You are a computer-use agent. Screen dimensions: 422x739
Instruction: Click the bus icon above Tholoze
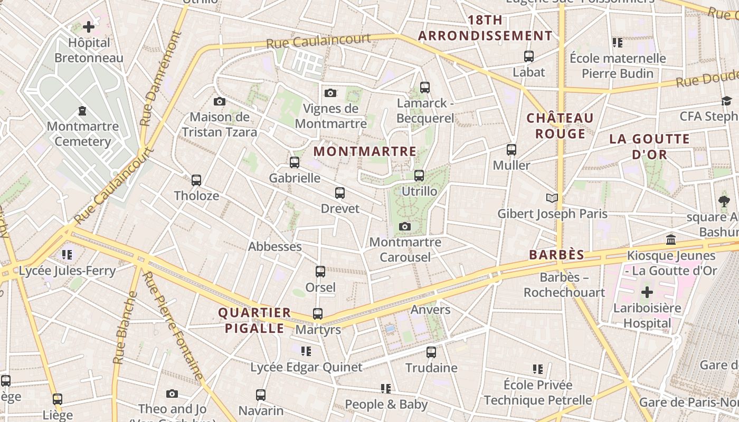(x=196, y=180)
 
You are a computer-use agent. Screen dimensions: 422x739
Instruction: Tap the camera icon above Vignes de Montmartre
(x=330, y=93)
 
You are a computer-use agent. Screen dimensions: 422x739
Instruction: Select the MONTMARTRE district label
(x=365, y=151)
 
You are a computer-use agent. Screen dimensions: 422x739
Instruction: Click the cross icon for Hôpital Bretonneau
(x=89, y=26)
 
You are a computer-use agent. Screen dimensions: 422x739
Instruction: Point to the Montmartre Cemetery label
(x=82, y=134)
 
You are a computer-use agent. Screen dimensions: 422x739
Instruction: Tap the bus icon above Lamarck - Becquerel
(x=425, y=88)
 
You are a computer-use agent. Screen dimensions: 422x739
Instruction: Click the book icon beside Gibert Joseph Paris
(x=552, y=198)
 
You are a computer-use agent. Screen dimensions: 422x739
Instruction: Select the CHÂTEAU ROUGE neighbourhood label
(x=560, y=126)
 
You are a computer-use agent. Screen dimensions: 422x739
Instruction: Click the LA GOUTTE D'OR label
(x=649, y=147)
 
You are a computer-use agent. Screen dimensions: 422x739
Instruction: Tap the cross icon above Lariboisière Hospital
(x=647, y=292)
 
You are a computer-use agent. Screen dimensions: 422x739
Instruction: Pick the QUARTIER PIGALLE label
(x=255, y=320)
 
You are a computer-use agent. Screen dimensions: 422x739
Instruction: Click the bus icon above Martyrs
(x=318, y=314)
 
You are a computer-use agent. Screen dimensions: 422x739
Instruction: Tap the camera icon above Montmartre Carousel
(x=405, y=227)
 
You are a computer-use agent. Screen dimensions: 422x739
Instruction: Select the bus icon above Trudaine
(x=431, y=352)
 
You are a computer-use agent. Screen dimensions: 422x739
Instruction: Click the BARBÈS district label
(x=557, y=255)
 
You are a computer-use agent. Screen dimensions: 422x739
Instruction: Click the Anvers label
(x=430, y=310)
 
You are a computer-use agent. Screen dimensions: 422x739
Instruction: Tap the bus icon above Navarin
(x=261, y=395)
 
